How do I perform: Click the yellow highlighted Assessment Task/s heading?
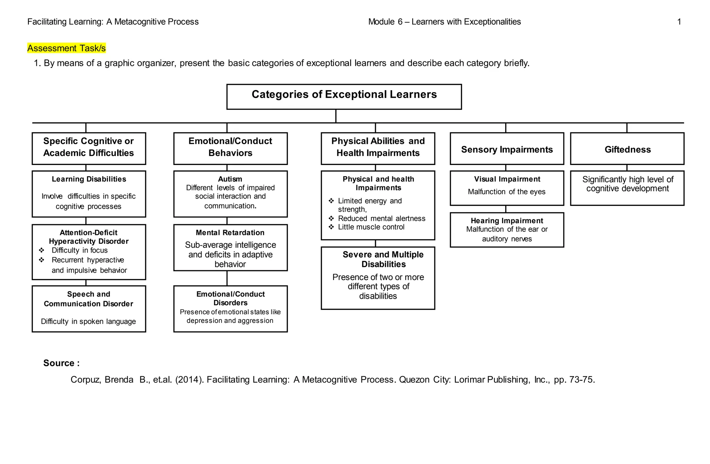tap(66, 48)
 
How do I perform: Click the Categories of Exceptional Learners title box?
tap(344, 96)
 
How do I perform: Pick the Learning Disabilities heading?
tap(89, 179)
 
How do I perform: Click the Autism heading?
tap(230, 179)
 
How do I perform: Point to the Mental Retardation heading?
tap(230, 233)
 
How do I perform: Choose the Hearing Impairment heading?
tap(507, 221)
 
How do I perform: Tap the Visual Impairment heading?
tap(507, 179)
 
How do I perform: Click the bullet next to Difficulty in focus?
tap(42, 250)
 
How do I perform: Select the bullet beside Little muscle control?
tap(331, 227)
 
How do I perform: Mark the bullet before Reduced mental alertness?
tap(331, 218)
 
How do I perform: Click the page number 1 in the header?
tap(679, 22)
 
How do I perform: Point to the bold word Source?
tap(59, 363)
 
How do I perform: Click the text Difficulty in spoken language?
tap(88, 322)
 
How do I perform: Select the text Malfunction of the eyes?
tap(506, 192)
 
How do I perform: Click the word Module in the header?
tap(381, 22)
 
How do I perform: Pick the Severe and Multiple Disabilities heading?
tap(383, 259)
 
